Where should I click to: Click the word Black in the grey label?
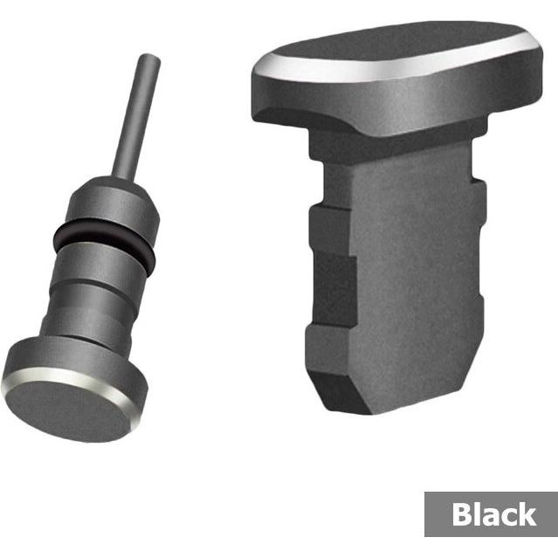[494, 513]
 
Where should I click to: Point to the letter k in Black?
[527, 513]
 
